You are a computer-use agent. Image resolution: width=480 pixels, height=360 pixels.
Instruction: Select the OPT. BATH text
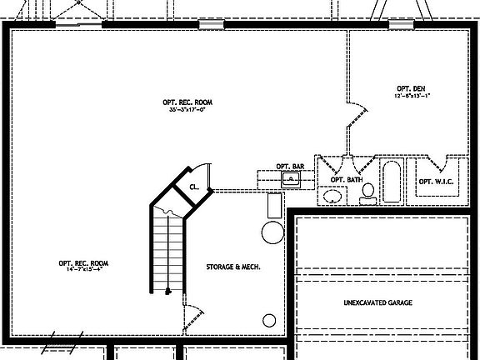click(x=346, y=180)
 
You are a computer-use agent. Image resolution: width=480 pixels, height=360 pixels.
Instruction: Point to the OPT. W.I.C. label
click(x=435, y=182)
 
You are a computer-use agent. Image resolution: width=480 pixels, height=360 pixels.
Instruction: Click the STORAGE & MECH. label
click(x=232, y=267)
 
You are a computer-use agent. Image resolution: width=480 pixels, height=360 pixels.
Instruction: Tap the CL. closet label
click(x=193, y=187)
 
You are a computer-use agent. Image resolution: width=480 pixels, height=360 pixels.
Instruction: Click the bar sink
click(x=291, y=178)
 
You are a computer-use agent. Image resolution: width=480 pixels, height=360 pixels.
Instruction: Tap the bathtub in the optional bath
click(x=392, y=182)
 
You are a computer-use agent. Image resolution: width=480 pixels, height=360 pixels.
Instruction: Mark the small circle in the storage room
click(x=269, y=320)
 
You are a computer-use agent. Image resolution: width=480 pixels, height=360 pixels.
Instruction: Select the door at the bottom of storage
click(x=193, y=317)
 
